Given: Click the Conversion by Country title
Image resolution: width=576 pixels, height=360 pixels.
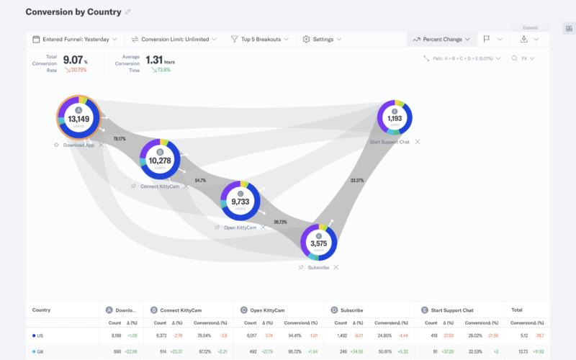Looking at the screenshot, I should coord(73,12).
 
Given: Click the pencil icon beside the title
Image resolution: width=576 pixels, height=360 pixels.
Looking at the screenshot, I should coord(128,12).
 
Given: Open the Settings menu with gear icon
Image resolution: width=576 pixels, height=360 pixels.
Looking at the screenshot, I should coord(322,39).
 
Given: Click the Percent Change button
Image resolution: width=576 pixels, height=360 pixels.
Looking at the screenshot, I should coord(442,39).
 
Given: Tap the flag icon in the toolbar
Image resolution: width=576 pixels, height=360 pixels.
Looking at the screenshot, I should coord(487,39).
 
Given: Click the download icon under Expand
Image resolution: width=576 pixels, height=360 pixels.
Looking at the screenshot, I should coord(524,39).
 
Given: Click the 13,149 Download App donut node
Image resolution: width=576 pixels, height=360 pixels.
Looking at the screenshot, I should coord(78,119).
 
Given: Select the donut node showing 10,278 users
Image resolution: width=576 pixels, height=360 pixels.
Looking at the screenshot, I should coord(160,160).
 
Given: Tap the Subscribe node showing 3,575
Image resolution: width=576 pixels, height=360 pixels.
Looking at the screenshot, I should coord(319,243).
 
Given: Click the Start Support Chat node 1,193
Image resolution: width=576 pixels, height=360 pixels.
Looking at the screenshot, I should coord(395,118).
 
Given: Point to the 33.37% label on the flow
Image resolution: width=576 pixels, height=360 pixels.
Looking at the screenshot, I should coord(356,181).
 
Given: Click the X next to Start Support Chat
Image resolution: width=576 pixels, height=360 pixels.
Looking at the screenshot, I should coord(418,142).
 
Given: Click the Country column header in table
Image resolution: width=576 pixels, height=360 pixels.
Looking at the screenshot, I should coord(41,310).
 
